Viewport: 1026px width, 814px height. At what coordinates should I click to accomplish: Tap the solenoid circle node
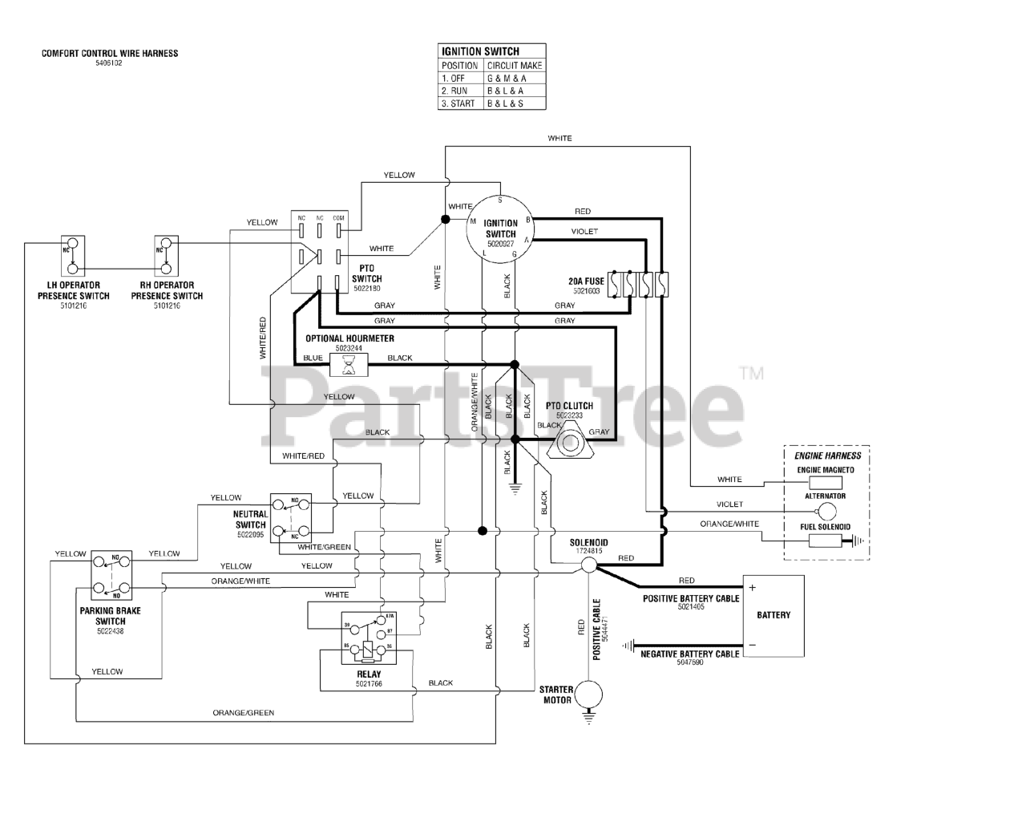click(588, 565)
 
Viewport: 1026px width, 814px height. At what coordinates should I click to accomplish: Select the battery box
click(773, 615)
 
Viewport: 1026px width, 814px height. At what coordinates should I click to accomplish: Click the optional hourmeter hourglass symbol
click(349, 366)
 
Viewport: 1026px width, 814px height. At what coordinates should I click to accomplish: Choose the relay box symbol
click(368, 638)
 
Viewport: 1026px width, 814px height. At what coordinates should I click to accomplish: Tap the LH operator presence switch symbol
click(73, 257)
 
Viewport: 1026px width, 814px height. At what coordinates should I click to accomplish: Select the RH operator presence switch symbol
click(166, 257)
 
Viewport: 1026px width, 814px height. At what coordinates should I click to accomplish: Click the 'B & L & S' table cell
click(513, 103)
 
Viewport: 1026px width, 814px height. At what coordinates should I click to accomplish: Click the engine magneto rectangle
click(825, 482)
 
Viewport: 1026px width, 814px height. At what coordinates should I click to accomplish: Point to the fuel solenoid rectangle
click(825, 540)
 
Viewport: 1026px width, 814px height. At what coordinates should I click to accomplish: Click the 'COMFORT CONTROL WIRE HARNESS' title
click(110, 54)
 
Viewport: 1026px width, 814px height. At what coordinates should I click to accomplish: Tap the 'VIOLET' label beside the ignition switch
click(584, 232)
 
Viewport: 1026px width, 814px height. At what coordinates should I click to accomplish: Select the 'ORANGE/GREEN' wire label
click(243, 712)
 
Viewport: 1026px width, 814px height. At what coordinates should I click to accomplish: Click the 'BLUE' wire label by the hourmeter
click(313, 358)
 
